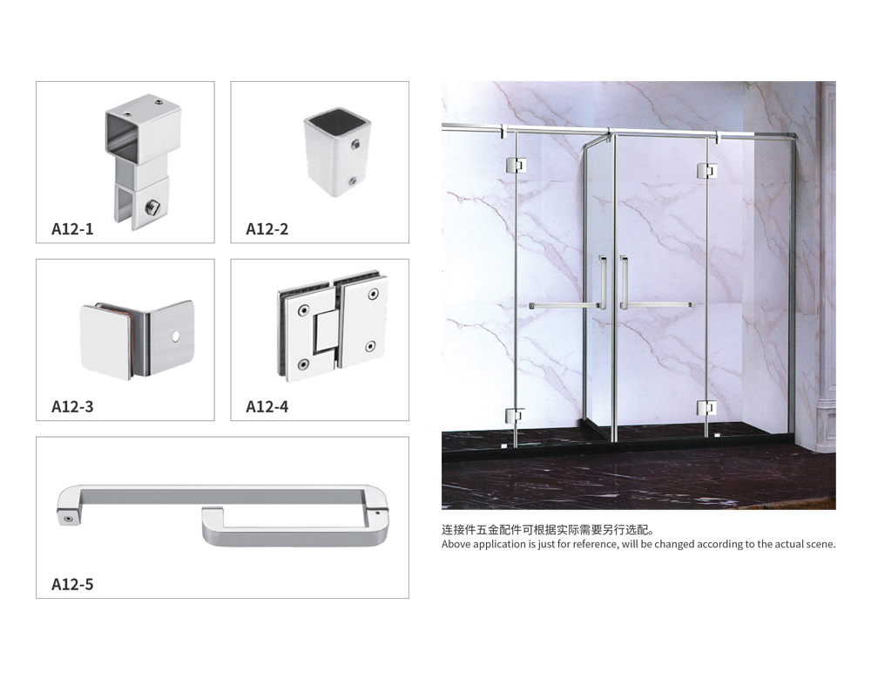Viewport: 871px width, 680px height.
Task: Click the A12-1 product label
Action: coord(72,229)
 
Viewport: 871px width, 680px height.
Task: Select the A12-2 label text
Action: coord(267,229)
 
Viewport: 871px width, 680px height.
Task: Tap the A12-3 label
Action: coord(72,407)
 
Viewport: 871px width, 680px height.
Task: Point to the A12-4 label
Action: coord(267,407)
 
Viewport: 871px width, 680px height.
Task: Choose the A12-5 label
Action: coord(72,584)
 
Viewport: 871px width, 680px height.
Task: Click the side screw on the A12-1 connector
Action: coord(152,208)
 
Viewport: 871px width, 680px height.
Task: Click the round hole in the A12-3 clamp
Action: coord(176,337)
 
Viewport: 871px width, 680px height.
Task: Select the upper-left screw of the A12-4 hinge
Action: coord(303,310)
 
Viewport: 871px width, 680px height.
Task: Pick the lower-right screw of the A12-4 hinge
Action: coord(370,346)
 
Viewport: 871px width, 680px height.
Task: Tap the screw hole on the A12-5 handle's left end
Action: coord(68,519)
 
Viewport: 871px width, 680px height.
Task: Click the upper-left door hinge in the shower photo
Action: coord(515,165)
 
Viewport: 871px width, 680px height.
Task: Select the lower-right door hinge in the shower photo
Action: coord(706,409)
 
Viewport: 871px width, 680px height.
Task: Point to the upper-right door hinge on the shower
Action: coord(706,171)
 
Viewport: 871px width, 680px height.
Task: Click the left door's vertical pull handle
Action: coord(602,282)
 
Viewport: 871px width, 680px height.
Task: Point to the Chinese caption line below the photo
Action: coord(548,530)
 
